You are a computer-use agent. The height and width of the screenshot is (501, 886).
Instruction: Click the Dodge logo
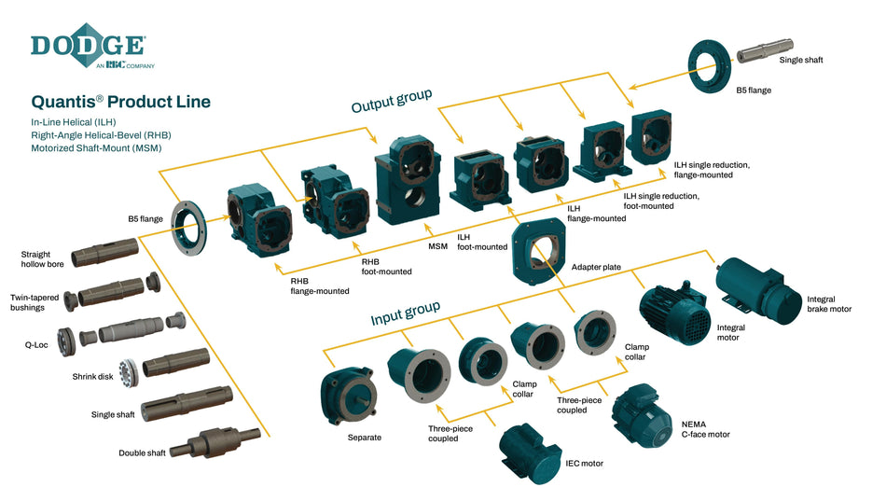[x=89, y=47]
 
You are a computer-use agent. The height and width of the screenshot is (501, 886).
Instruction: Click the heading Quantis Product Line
[x=121, y=102]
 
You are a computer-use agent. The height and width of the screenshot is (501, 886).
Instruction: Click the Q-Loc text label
[x=36, y=343]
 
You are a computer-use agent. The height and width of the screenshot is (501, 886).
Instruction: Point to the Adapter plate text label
[x=596, y=267]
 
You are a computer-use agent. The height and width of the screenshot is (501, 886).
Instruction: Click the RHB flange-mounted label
[x=319, y=285]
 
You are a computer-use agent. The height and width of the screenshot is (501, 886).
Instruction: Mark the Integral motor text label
[x=727, y=332]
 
